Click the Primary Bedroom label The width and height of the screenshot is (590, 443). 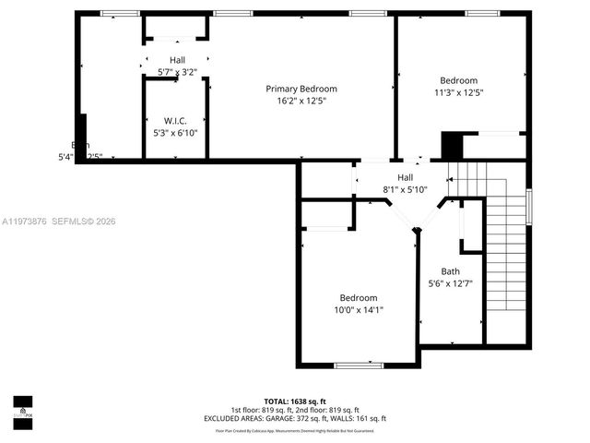[301, 89]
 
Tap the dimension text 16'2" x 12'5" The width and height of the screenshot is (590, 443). [301, 101]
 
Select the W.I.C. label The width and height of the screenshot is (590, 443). [176, 121]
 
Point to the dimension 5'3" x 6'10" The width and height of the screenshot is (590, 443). [175, 133]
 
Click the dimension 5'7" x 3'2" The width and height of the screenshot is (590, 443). [176, 71]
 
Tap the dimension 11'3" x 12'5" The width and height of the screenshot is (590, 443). [458, 92]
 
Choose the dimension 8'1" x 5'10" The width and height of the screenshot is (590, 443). [406, 189]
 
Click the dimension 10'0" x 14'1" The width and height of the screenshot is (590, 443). [358, 310]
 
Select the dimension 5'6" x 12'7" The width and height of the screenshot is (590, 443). [450, 283]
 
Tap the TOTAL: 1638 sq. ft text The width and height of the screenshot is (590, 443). [295, 401]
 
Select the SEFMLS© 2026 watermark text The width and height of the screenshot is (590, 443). [83, 221]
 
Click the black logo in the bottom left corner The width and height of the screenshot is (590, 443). [22, 408]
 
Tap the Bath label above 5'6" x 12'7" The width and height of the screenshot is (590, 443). [450, 271]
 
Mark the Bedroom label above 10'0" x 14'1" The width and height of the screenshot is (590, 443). [358, 298]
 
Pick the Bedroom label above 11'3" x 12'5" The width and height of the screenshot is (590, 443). [458, 80]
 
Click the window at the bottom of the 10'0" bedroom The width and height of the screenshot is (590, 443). [359, 365]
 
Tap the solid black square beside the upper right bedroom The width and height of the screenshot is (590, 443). [451, 147]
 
